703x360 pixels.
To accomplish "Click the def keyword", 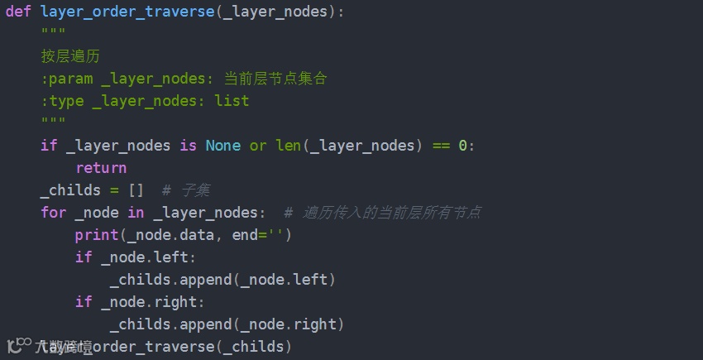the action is pos(18,12).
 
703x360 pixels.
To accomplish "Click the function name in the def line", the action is pos(127,12).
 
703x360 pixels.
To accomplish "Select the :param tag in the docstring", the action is pos(66,79).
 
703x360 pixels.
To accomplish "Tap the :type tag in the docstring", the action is pos(62,101).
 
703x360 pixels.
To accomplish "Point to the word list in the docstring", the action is pos(232,101).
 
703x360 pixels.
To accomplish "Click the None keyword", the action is pos(222,146).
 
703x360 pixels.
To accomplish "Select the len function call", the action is pos(288,146).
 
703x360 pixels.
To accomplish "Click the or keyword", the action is pos(258,146).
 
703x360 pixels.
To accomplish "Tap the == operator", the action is pos(441,146).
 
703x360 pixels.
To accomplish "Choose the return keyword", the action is pos(101,168).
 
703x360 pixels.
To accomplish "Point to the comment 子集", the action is pos(194,190).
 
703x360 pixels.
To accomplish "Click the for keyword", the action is pos(53,213).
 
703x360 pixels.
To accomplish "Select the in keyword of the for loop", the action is pos(136,213).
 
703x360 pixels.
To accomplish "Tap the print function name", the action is pos(97,235).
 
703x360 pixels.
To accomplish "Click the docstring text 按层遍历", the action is pos(70,56).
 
